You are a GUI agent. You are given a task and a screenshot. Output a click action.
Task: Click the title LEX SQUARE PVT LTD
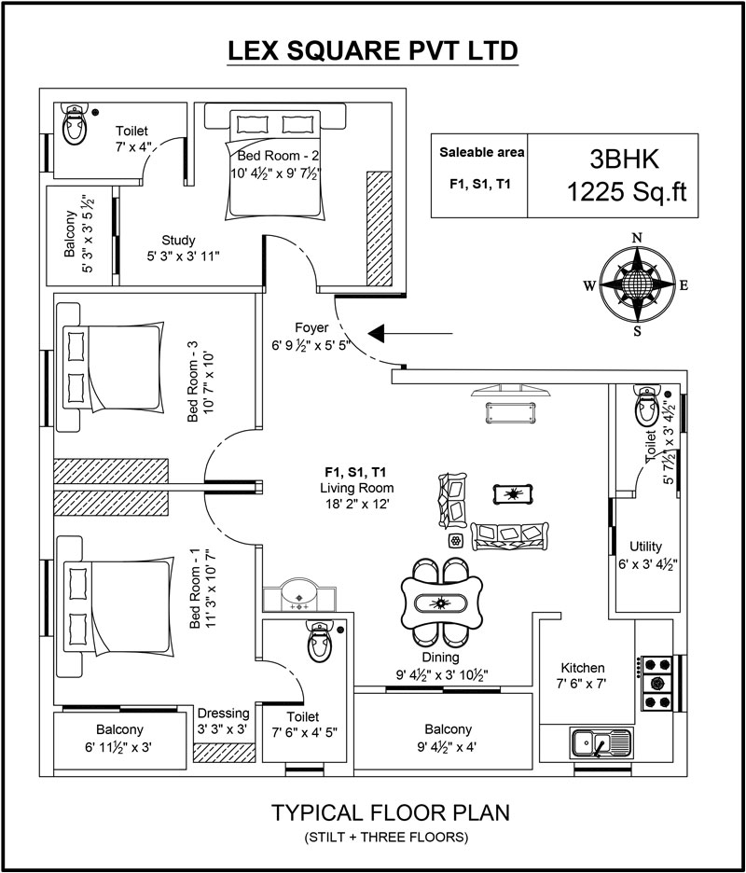point(373,50)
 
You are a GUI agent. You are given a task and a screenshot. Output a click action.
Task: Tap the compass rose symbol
point(637,285)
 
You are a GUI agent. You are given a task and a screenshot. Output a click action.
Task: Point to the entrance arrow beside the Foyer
point(411,333)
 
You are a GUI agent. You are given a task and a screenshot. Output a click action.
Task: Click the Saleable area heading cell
point(482,152)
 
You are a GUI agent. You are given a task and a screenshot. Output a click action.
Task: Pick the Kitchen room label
point(583,668)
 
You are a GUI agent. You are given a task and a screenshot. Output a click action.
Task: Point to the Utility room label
point(645,547)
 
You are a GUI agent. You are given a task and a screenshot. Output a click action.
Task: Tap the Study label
point(177,239)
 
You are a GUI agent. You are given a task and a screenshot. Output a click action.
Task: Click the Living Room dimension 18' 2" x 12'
point(356,504)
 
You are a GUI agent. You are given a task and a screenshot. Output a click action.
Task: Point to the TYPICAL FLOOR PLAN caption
point(390,812)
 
